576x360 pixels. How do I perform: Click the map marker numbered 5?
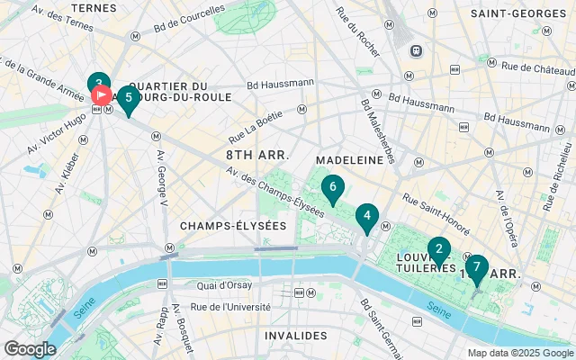pos(129,98)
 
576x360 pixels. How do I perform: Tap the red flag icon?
pos(101,93)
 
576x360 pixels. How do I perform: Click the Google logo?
pos(30,348)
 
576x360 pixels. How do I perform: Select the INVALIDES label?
pos(295,335)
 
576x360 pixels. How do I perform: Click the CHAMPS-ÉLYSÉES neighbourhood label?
pos(232,225)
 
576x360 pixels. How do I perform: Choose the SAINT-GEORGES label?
pos(516,14)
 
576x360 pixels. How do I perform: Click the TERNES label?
pos(94,7)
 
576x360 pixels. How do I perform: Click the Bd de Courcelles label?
pos(190,16)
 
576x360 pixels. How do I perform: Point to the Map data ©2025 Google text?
pos(519,353)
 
